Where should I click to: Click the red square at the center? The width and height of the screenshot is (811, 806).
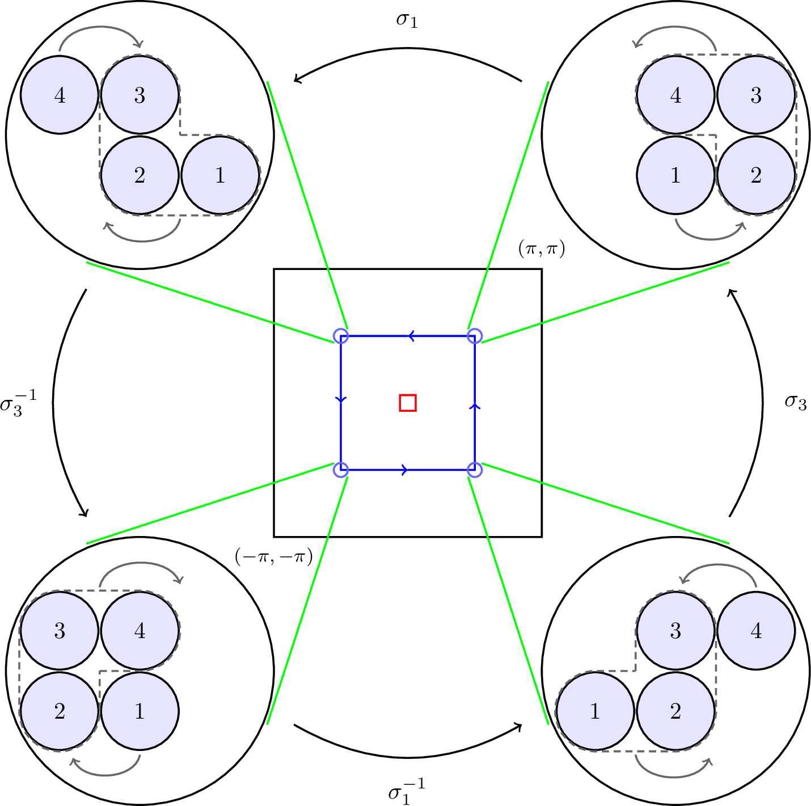coord(408,403)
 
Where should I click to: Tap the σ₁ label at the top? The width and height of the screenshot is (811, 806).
coord(407,20)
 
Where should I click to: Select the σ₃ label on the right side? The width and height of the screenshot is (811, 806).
coord(795,402)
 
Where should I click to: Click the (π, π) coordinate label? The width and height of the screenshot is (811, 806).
coord(542,249)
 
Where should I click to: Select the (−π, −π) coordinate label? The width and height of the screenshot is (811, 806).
coord(273,558)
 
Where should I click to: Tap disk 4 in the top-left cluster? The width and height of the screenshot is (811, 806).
coord(60,95)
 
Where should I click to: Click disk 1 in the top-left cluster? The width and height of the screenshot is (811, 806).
coord(220,175)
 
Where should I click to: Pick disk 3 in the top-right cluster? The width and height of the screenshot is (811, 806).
coord(756,95)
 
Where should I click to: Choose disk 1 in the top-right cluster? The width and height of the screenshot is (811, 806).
coord(675,175)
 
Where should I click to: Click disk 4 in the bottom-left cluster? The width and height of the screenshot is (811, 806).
coord(140,631)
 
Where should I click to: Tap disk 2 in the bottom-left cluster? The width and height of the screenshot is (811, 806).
coord(60,711)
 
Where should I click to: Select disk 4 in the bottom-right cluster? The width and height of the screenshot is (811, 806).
coord(756,631)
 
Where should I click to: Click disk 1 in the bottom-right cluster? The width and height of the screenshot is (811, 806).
coord(595,711)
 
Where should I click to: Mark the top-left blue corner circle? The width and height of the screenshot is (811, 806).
coord(340,336)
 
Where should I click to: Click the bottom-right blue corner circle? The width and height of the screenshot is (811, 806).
coord(474,470)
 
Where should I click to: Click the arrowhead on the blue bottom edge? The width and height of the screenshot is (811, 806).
coord(404,470)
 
